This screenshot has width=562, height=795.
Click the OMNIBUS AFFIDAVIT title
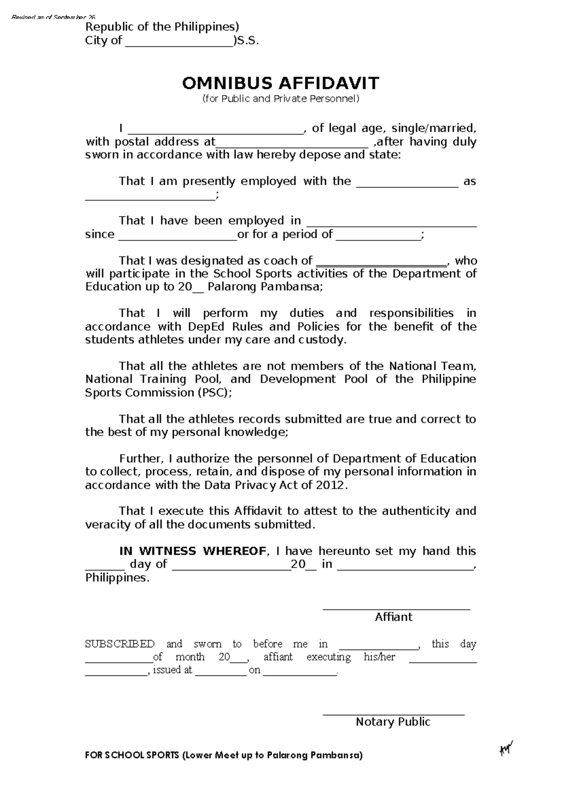click(281, 83)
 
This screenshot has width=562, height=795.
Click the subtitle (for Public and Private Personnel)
click(281, 99)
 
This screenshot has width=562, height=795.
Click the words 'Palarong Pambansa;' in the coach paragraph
click(265, 287)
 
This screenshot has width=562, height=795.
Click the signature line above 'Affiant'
click(396, 609)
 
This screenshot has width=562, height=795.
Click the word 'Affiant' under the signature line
click(393, 617)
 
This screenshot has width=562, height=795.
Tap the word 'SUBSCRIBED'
click(120, 644)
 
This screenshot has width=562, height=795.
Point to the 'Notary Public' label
click(393, 722)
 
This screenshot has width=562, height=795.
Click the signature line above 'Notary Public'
click(393, 715)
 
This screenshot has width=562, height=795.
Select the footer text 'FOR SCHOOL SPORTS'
click(132, 756)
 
